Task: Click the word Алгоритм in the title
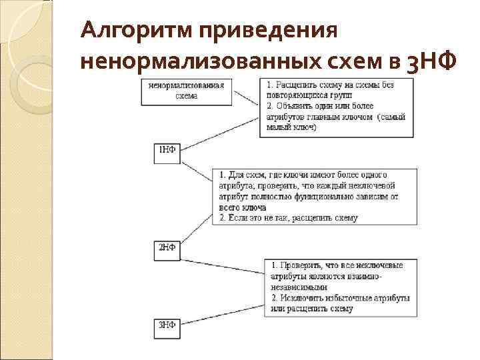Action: (x=135, y=31)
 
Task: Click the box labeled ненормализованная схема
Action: (x=186, y=91)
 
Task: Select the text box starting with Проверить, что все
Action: (x=339, y=287)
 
